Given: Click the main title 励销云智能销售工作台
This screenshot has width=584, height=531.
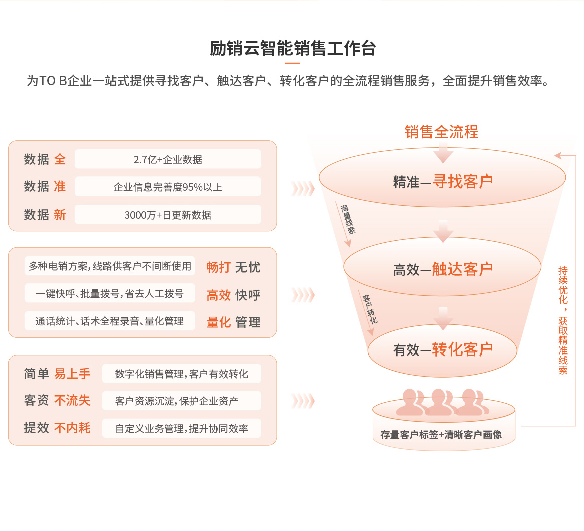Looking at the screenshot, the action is coord(293,49).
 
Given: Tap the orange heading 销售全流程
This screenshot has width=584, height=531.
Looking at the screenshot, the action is coord(441,132).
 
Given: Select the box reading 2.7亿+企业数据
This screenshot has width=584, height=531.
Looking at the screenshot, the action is coord(168,159).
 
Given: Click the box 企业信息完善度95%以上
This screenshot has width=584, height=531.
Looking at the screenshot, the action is coord(168,187).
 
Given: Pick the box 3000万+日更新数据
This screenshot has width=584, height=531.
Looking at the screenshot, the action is coord(168,215).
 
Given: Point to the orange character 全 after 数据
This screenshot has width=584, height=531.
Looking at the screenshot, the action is coord(60,159).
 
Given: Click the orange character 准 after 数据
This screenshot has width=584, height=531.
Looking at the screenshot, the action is coord(60,186).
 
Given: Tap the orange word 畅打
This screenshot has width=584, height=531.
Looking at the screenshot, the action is coord(219,267).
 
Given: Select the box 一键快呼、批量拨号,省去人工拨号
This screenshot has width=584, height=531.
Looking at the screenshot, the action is coord(110,293).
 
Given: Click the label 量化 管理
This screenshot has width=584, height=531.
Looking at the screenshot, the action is coord(233,322).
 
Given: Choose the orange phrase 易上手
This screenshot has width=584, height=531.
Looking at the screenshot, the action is coord(72,373).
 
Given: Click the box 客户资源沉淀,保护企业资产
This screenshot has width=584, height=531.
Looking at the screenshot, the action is coord(182,401).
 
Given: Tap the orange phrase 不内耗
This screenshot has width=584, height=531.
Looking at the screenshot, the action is coord(72,428).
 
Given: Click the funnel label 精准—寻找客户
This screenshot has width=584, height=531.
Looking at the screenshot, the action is coord(443,182).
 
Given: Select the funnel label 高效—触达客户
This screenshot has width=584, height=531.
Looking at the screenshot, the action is coord(443,269).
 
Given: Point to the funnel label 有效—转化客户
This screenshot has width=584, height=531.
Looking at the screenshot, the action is coord(443,349).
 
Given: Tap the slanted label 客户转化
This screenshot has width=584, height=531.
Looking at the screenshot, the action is coord(370,309).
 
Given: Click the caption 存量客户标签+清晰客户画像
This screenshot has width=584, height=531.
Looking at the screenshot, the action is coord(441,435).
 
